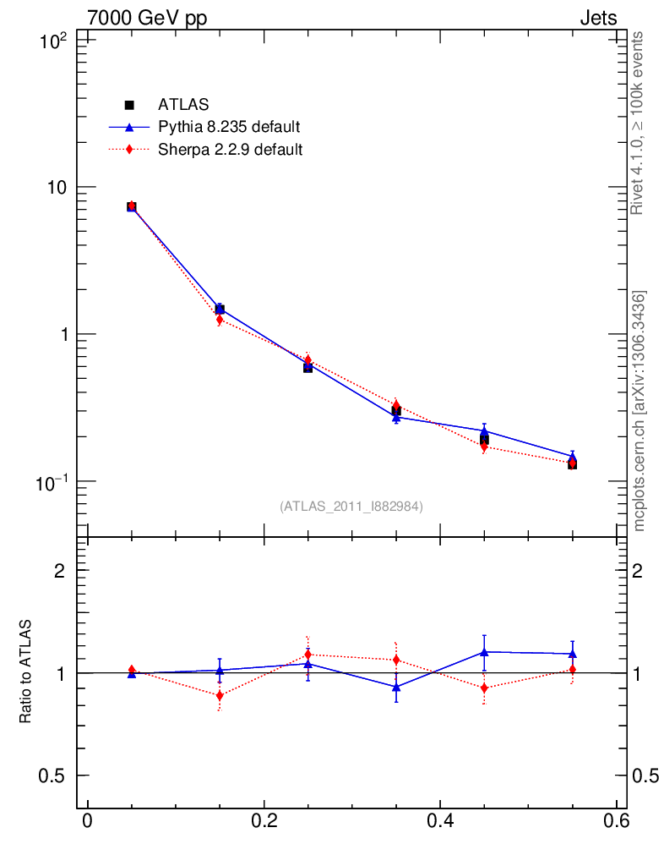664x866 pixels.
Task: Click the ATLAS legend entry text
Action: pyautogui.click(x=183, y=105)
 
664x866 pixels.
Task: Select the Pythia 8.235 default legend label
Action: pyautogui.click(x=229, y=128)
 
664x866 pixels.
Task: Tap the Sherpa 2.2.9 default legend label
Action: pyautogui.click(x=231, y=150)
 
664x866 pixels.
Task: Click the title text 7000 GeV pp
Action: pyautogui.click(x=147, y=18)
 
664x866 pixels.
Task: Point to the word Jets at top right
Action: pyautogui.click(x=597, y=18)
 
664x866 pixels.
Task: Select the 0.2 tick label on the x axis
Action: pyautogui.click(x=264, y=822)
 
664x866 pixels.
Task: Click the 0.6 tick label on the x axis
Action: pyautogui.click(x=616, y=822)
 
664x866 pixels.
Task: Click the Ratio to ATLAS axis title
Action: pyautogui.click(x=26, y=671)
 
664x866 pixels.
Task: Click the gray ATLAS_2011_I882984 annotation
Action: pyautogui.click(x=351, y=506)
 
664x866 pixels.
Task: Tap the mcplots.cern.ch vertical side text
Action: pyautogui.click(x=640, y=411)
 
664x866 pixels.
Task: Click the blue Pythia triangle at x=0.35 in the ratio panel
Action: pyautogui.click(x=396, y=687)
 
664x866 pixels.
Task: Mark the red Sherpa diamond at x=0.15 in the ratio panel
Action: pyautogui.click(x=220, y=696)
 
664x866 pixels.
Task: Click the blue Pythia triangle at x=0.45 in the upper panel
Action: pyautogui.click(x=484, y=431)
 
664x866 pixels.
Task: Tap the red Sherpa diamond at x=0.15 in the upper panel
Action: pyautogui.click(x=220, y=320)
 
